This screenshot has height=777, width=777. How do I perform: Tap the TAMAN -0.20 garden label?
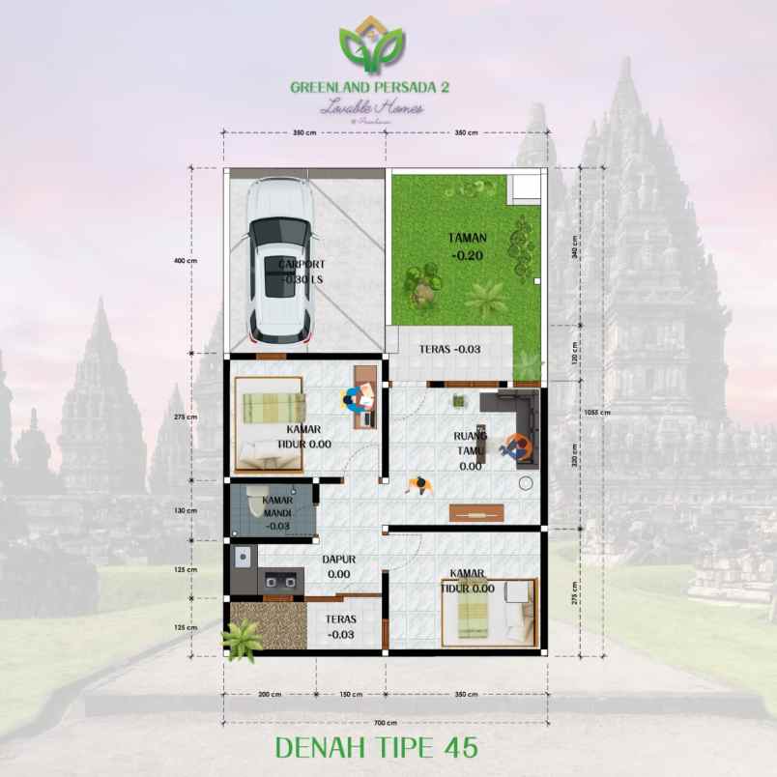tap(467, 246)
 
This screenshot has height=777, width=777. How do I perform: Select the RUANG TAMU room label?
tap(471, 450)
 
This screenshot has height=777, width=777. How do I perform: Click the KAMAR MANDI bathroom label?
tap(279, 512)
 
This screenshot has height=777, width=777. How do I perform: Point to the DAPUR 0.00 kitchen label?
tap(338, 565)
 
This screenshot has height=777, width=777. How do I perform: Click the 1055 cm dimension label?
tap(597, 411)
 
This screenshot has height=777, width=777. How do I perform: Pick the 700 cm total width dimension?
tap(387, 722)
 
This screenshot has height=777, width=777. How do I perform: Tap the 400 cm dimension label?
tap(186, 261)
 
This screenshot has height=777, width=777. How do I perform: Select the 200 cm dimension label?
tap(269, 694)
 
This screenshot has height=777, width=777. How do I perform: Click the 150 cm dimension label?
tap(351, 694)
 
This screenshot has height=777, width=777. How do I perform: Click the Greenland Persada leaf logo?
tap(372, 48)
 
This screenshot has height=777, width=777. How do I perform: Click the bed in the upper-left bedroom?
tap(270, 423)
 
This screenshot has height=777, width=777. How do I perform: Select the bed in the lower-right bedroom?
tap(489, 612)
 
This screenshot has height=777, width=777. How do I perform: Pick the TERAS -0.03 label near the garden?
tap(449, 349)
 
